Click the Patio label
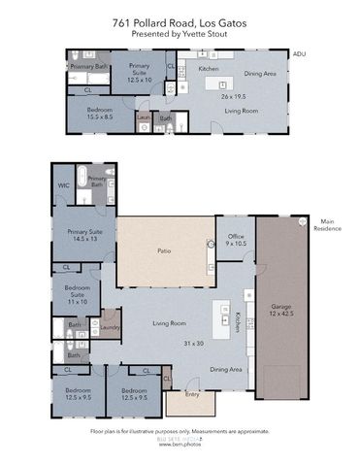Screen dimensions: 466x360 (165, 250)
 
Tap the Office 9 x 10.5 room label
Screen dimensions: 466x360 (235, 240)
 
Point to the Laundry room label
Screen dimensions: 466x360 (110, 328)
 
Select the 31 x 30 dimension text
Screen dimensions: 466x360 (194, 343)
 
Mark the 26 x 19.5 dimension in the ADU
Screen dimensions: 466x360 (234, 96)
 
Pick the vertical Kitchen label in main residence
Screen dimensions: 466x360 (237, 322)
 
